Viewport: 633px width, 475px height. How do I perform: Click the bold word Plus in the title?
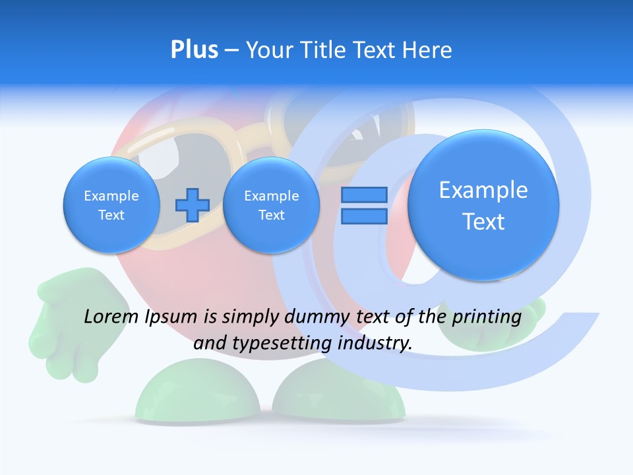194,50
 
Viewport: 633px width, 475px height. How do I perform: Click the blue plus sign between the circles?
192,205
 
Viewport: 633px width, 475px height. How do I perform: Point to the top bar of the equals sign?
364,195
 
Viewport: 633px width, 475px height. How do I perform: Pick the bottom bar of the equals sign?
364,216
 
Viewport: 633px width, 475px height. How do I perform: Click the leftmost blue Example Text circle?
111,205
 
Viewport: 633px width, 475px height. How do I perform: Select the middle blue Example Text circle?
271,205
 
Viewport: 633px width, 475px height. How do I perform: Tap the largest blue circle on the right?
483,205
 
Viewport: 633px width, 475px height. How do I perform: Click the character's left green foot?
198,396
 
